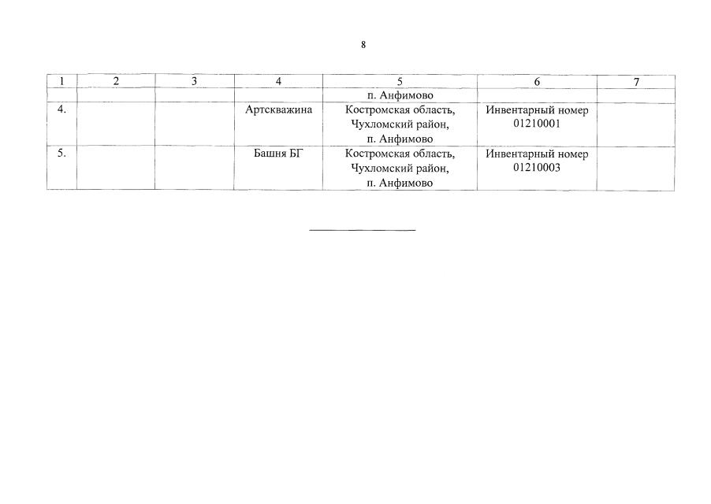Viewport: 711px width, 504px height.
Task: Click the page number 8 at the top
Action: tap(363, 45)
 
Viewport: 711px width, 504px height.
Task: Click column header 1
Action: tap(61, 82)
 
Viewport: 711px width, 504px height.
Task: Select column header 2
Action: tap(116, 82)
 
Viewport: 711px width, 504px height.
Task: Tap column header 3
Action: tap(194, 82)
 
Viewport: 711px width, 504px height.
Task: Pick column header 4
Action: tap(278, 82)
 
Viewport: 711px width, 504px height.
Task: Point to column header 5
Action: tap(400, 82)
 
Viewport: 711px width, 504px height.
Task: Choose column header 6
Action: tap(537, 82)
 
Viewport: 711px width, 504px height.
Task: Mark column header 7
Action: tap(636, 83)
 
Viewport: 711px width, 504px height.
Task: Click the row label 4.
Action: tap(61, 109)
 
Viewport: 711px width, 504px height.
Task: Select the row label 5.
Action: tap(61, 153)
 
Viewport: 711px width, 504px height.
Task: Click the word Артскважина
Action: tap(278, 109)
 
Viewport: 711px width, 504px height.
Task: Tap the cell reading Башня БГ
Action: tap(277, 154)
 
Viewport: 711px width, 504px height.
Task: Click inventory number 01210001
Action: tap(537, 124)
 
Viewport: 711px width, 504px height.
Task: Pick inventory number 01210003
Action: tap(537, 168)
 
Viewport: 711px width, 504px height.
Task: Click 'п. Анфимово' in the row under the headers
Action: tap(400, 95)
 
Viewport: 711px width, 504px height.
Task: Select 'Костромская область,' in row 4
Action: tap(400, 110)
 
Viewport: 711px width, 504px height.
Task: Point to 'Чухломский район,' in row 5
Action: tap(400, 169)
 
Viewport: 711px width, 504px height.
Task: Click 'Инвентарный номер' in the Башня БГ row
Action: tap(537, 154)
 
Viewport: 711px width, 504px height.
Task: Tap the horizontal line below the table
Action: tap(363, 231)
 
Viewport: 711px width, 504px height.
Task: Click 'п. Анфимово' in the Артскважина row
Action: tap(400, 139)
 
